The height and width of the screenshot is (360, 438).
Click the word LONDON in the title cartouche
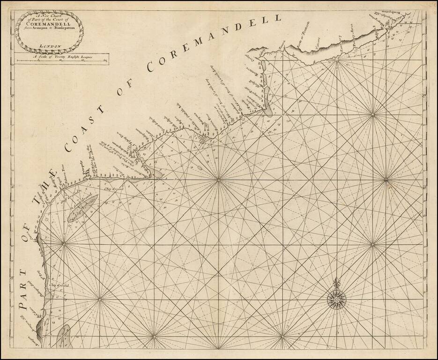coord(48,45)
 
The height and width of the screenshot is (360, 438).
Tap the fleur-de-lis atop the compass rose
coord(335,283)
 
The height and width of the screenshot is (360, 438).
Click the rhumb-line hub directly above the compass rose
coord(372,244)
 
